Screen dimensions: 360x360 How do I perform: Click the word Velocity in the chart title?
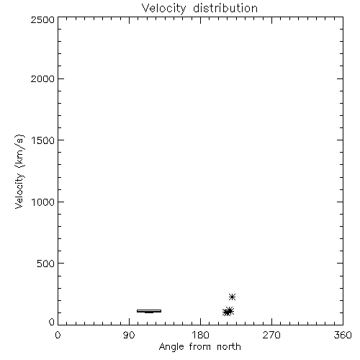click(x=163, y=9)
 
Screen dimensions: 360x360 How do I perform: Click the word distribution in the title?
click(x=225, y=8)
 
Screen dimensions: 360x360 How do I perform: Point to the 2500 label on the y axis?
click(x=42, y=19)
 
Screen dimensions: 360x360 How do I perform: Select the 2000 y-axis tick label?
click(x=42, y=78)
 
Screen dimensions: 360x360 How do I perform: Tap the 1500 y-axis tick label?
click(x=43, y=140)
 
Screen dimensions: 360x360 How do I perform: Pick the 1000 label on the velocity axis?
click(x=43, y=202)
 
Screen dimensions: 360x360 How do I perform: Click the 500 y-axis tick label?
click(x=46, y=264)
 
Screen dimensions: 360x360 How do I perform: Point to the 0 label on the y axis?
click(x=52, y=322)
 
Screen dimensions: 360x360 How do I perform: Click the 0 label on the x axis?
click(x=58, y=335)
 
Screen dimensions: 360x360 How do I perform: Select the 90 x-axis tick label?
click(x=129, y=335)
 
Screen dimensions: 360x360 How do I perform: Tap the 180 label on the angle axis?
click(x=200, y=335)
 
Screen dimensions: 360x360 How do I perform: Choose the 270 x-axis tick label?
click(x=271, y=335)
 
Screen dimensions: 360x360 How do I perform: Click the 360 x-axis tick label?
click(x=343, y=335)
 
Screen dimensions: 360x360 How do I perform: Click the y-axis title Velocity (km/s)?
click(x=19, y=171)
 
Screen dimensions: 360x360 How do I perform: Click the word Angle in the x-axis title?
click(x=171, y=347)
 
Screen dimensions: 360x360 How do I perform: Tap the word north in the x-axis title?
click(x=229, y=346)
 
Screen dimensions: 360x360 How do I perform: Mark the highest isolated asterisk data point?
click(x=232, y=297)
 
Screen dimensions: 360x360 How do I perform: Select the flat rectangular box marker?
click(x=149, y=311)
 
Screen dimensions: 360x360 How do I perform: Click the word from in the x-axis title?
click(x=200, y=346)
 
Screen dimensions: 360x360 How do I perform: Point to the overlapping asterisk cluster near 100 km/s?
click(x=228, y=312)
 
